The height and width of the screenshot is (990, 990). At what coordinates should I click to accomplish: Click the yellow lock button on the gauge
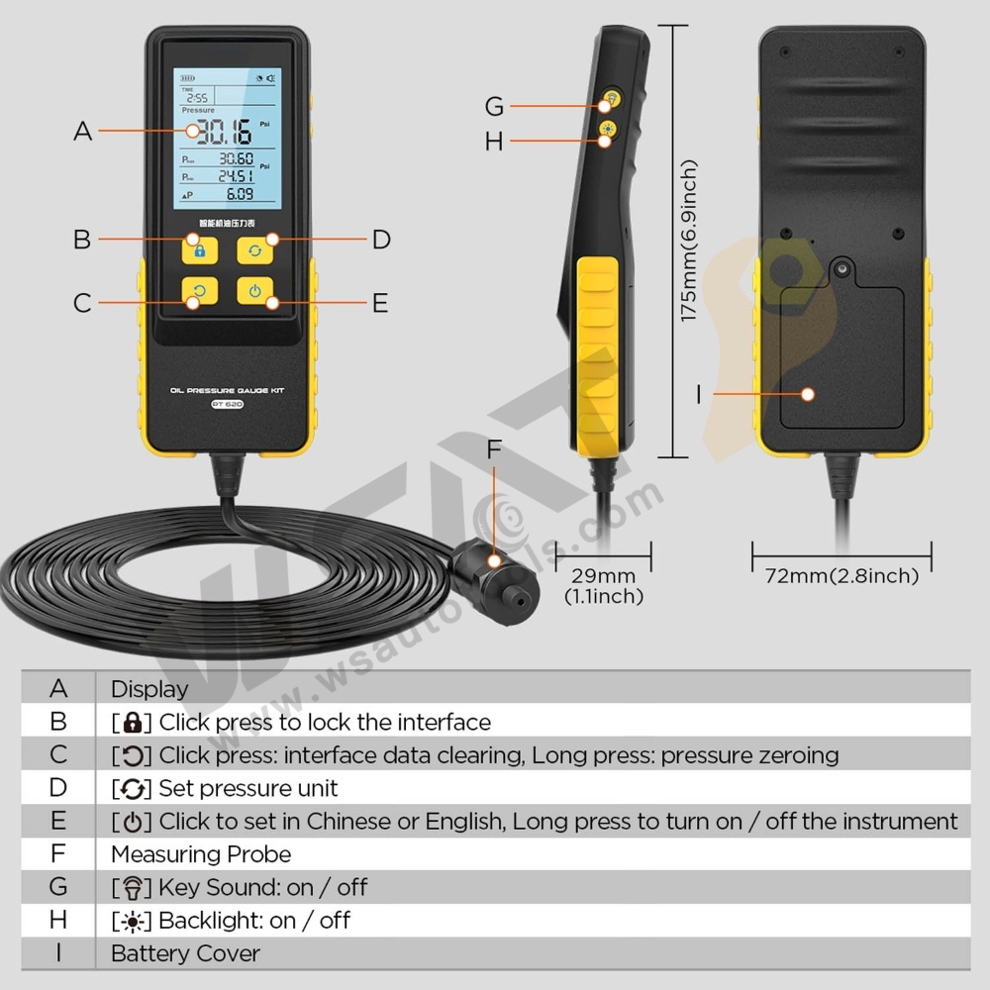199,248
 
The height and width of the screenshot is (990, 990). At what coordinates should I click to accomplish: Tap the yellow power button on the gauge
255,292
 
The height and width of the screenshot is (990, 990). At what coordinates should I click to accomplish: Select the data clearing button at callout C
199,292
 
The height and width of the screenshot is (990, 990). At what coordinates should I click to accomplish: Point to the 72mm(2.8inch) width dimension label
841,575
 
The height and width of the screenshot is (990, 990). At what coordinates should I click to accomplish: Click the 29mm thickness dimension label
603,575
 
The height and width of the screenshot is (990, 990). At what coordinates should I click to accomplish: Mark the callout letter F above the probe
495,451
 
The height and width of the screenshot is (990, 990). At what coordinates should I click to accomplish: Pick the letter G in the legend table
58,887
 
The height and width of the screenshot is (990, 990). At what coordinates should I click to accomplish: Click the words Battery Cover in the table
185,953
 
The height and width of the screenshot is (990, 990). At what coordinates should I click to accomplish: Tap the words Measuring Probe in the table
201,853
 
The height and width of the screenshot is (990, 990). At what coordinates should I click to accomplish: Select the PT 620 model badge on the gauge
227,404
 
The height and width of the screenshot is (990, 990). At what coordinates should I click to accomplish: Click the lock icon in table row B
133,722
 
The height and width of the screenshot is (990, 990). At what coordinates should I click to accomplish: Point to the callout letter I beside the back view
699,394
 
